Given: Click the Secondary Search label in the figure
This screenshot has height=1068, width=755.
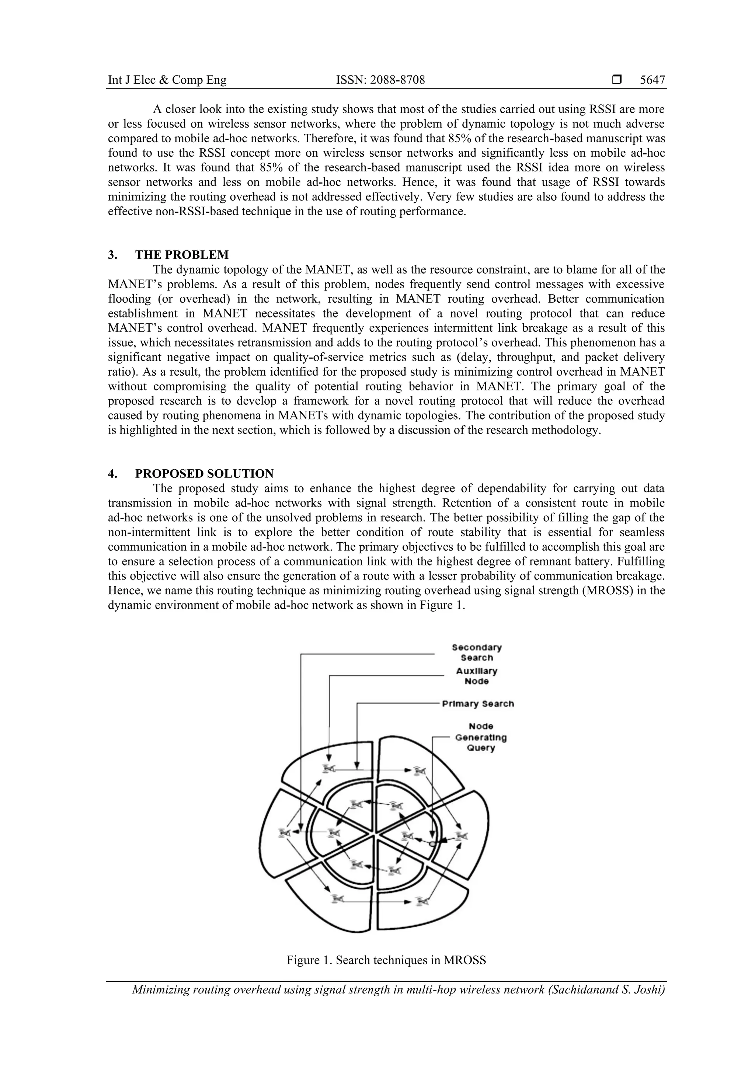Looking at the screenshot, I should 476,652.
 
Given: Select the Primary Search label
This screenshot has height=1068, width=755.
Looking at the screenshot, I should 478,704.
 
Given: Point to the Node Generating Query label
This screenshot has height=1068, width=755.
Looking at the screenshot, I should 481,737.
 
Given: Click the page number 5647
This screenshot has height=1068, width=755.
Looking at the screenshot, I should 652,80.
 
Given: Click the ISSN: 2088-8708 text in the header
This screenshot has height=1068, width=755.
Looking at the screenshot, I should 380,80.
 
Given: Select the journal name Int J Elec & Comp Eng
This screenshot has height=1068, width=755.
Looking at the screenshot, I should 167,80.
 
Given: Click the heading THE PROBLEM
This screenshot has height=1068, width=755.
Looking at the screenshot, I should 182,255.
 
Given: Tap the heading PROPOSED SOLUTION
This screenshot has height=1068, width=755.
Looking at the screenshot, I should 204,473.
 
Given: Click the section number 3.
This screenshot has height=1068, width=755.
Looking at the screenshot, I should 112,255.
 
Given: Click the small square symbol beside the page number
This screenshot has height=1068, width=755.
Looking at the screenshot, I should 617,80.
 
